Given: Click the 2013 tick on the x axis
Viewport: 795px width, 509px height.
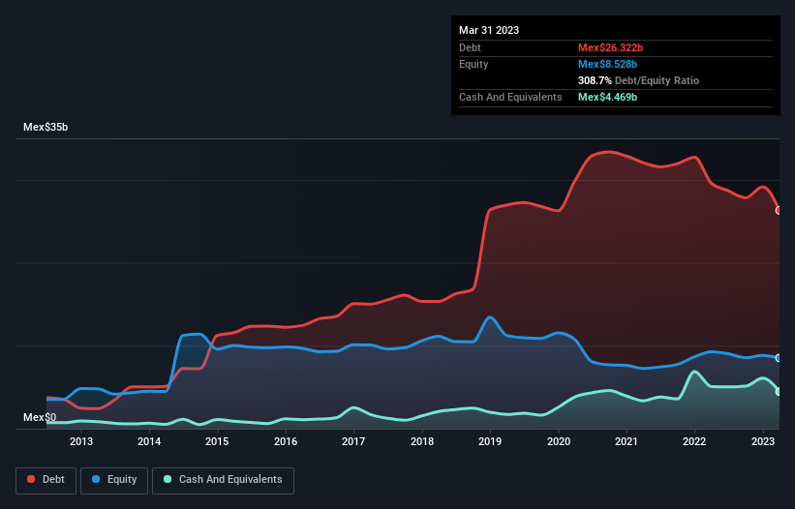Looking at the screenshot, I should (81, 442).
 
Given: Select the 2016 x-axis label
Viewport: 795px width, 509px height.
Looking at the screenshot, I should (286, 442).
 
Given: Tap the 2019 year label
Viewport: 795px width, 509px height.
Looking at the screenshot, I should (490, 442).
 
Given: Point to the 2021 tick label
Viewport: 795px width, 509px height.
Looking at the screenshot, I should (627, 442).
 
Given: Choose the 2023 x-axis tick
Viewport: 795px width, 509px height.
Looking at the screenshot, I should (763, 442).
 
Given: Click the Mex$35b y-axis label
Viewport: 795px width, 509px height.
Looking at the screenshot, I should (46, 128).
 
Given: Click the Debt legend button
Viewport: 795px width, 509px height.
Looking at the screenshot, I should (45, 480).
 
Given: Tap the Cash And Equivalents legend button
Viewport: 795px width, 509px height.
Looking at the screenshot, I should (223, 480).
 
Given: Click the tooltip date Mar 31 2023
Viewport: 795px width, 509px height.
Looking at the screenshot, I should (489, 30).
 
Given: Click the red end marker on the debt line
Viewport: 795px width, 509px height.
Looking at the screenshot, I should (779, 210).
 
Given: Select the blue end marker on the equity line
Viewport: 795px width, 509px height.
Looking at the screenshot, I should (779, 358).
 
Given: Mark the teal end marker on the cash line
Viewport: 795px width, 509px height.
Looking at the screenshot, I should (779, 391).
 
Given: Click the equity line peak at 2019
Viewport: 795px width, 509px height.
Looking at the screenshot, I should (491, 316).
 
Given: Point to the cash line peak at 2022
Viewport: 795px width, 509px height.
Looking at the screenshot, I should (694, 372).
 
